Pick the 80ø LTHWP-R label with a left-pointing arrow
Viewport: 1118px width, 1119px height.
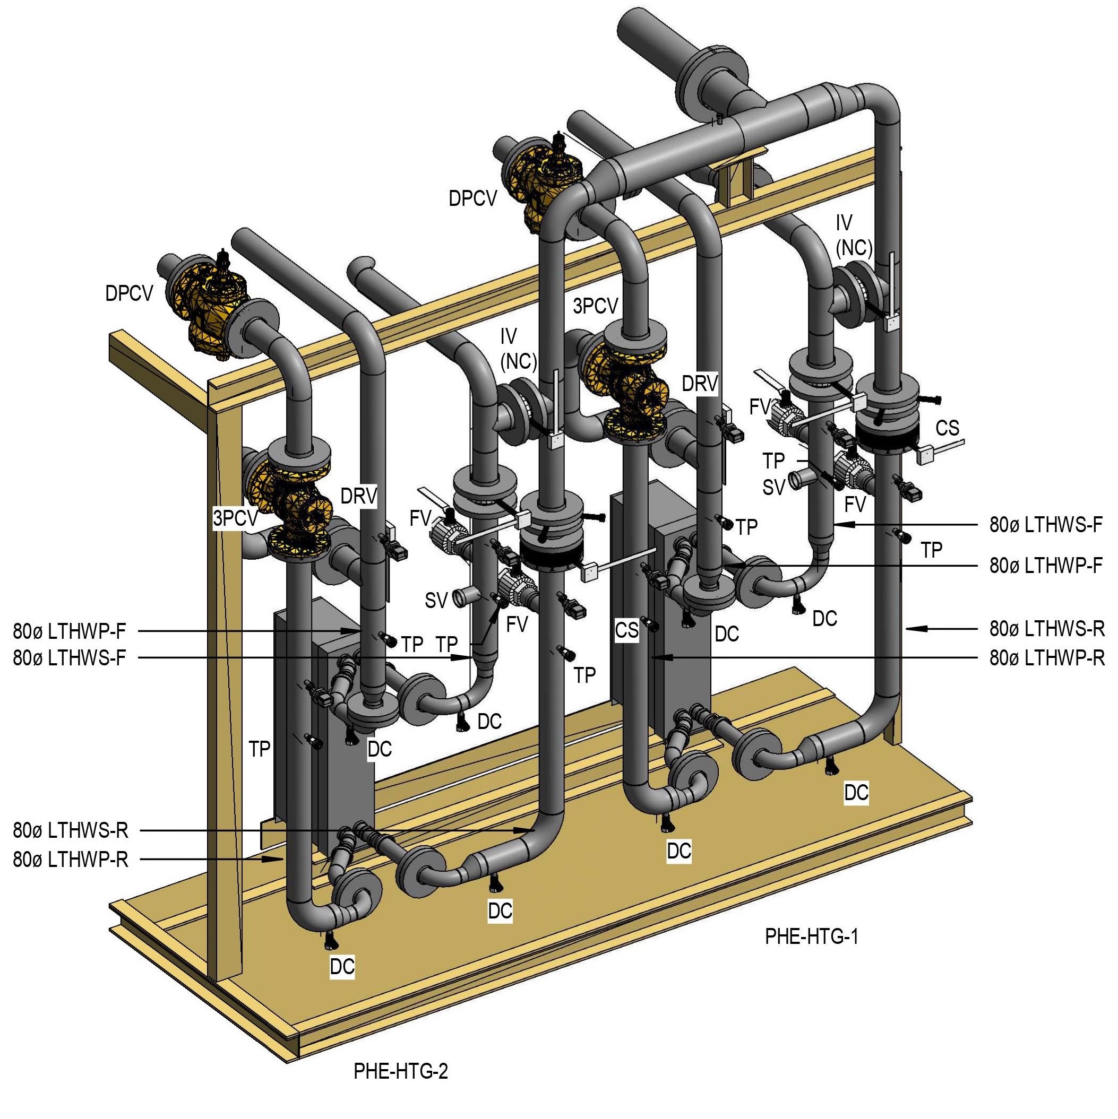click(x=1047, y=658)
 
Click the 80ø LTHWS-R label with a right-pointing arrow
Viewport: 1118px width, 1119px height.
click(x=71, y=830)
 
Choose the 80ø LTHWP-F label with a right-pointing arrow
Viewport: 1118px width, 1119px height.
click(x=70, y=631)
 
